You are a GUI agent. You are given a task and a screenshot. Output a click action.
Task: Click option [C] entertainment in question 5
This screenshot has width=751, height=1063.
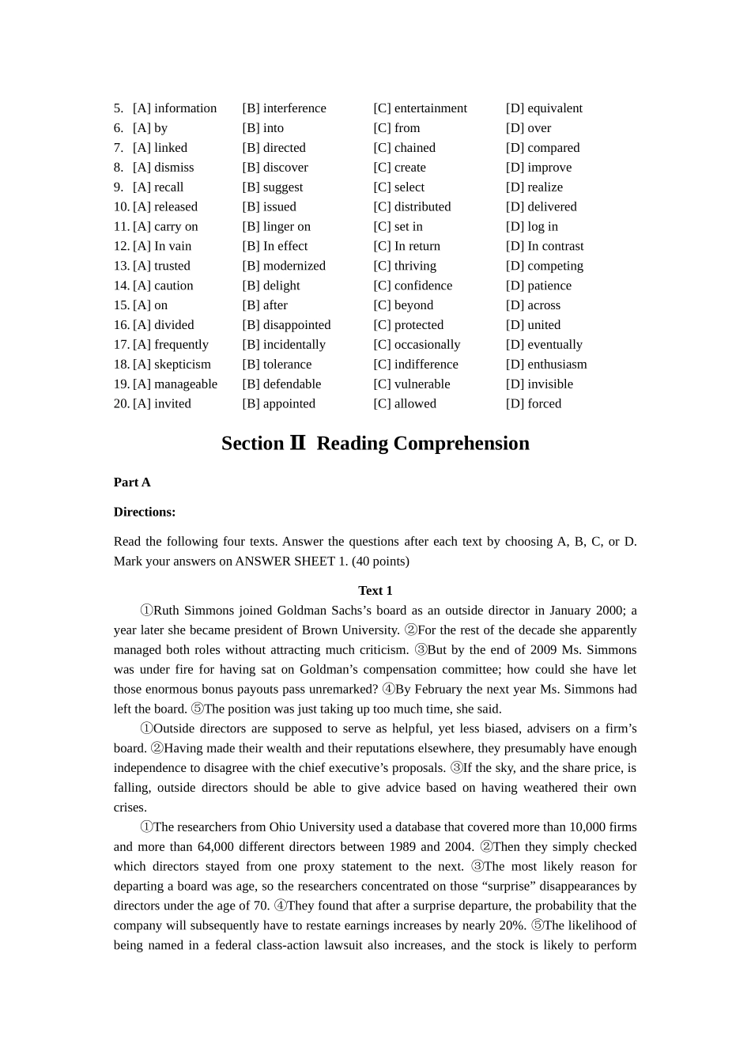click(x=420, y=108)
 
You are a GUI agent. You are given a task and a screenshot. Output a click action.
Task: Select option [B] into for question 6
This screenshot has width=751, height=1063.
click(x=262, y=128)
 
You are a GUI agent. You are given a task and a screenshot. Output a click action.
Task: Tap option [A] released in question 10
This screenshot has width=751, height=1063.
click(x=164, y=206)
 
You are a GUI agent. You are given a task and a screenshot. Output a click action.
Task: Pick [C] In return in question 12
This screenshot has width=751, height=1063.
click(x=406, y=246)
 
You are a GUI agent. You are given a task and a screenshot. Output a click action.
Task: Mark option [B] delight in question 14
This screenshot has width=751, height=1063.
click(x=271, y=286)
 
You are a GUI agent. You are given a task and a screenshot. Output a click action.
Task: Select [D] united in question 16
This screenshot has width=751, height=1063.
click(x=533, y=325)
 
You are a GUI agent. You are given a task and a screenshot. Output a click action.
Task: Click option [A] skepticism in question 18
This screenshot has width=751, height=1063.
click(x=172, y=365)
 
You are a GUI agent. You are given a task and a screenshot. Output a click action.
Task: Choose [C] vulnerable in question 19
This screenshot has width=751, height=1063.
click(x=411, y=384)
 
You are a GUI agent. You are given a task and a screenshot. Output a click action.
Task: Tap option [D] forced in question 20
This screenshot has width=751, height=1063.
click(x=534, y=403)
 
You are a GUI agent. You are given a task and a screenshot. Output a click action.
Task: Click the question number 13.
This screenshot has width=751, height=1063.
click(x=121, y=266)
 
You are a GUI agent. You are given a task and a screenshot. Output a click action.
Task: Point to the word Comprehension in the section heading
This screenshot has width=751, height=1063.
click(x=461, y=444)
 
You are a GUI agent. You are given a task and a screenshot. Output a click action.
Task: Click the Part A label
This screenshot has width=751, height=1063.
click(x=132, y=482)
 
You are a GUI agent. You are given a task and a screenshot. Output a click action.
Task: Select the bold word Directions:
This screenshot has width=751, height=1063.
click(x=145, y=512)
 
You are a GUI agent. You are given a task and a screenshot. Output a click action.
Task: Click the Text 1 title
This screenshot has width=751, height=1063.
click(x=375, y=591)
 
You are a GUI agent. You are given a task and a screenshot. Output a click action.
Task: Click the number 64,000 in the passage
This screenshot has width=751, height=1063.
click(x=215, y=847)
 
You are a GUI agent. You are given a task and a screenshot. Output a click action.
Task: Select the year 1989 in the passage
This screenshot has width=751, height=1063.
click(x=403, y=847)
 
